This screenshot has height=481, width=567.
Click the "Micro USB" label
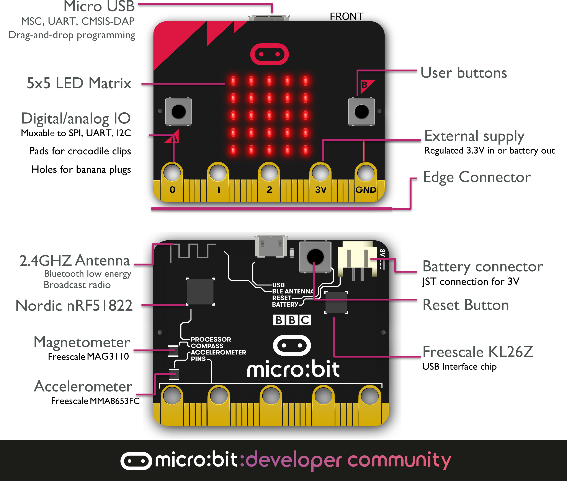pyautogui.click(x=99, y=6)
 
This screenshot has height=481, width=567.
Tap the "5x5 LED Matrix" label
pyautogui.click(x=79, y=83)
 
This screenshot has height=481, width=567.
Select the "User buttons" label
pyautogui.click(x=464, y=73)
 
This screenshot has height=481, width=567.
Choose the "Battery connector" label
pyautogui.click(x=483, y=266)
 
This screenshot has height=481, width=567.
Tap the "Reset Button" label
pyautogui.click(x=466, y=305)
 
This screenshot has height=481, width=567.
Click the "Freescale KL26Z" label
pyautogui.click(x=478, y=352)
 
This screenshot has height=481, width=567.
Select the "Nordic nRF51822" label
pyautogui.click(x=74, y=305)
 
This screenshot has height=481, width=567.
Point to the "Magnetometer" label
pyautogui.click(x=82, y=342)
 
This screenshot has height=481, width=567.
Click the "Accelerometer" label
pyautogui.click(x=83, y=387)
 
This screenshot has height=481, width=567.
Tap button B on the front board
pyautogui.click(x=361, y=112)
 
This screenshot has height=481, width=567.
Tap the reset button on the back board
pyautogui.click(x=315, y=257)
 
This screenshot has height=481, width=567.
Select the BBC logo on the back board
pyautogui.click(x=292, y=320)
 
